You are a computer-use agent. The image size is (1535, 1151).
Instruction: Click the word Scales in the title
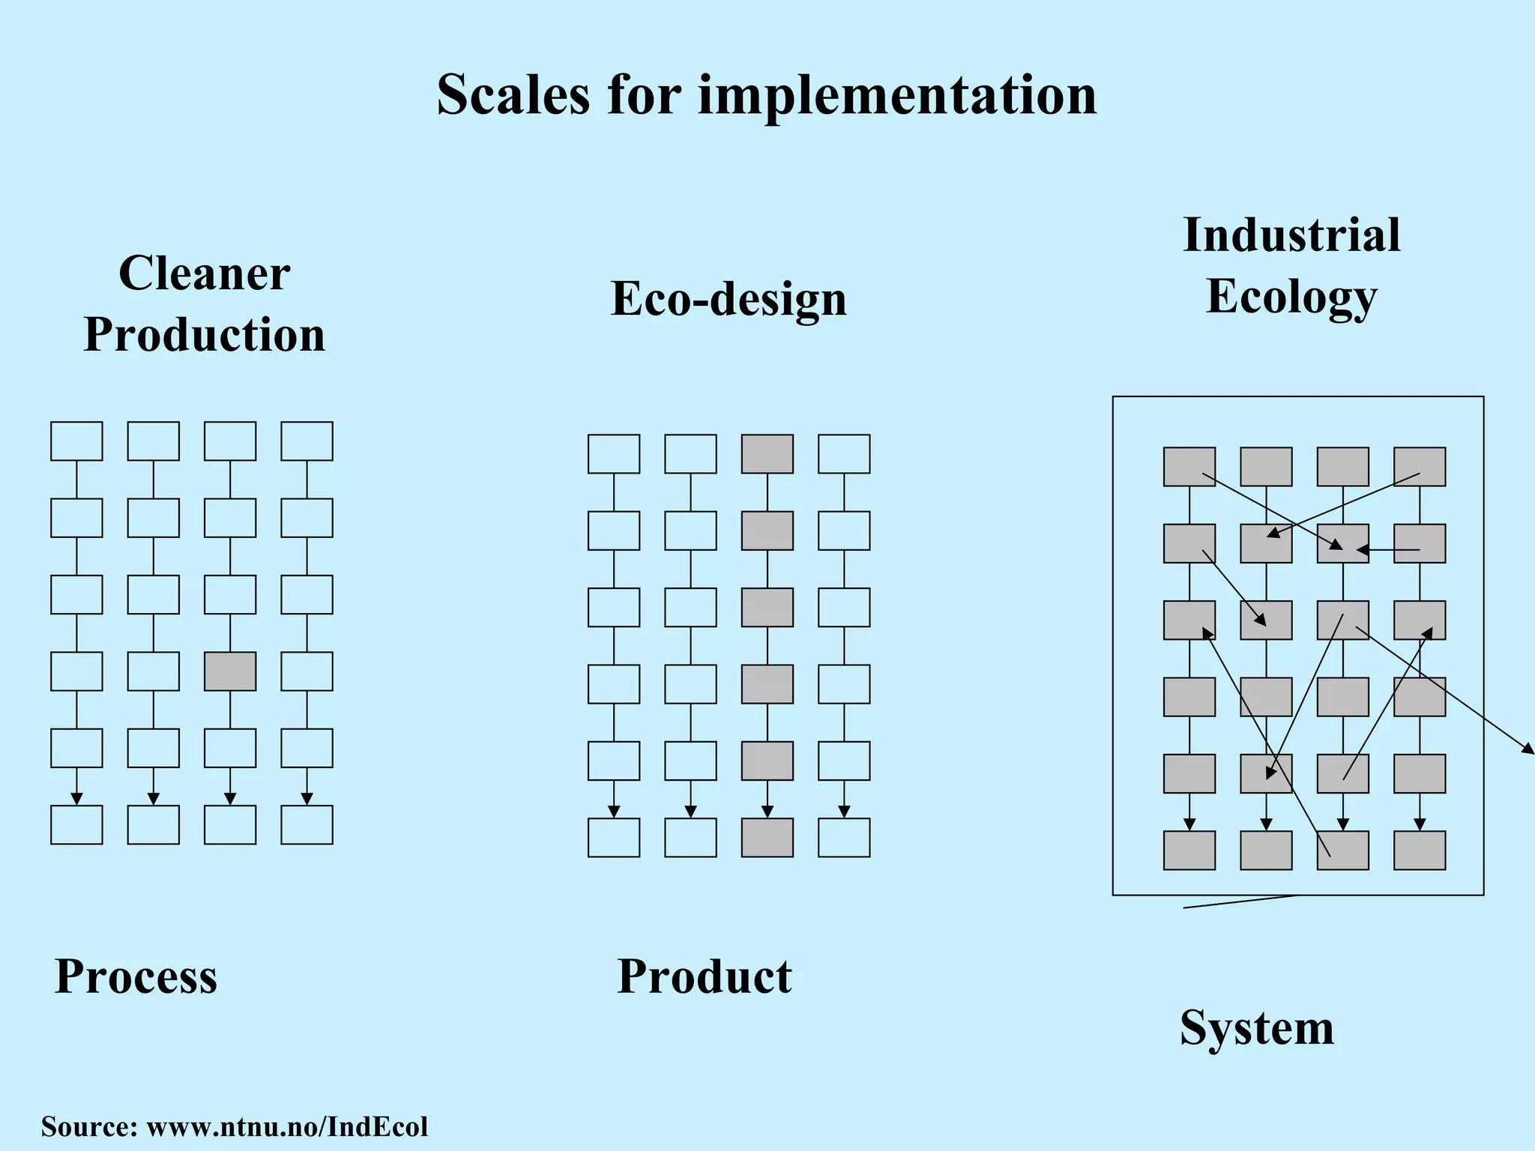coord(513,95)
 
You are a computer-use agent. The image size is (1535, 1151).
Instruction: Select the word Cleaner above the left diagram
coord(204,273)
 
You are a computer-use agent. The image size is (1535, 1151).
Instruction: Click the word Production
coord(204,334)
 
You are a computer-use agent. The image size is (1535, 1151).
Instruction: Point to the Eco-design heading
coord(729,298)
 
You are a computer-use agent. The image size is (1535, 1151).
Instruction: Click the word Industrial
coord(1291,235)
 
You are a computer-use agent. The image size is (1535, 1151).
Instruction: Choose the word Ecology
coord(1291,297)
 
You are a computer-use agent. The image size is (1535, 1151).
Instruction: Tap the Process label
coord(136,976)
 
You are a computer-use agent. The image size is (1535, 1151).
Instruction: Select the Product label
coord(704,976)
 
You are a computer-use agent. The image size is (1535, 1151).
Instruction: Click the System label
coord(1257,1027)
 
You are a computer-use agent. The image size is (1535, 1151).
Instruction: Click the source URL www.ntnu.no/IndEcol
coord(287,1126)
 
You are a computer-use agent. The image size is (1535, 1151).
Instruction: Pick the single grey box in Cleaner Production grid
coord(230,671)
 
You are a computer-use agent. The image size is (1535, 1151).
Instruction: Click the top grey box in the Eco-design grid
coord(767,454)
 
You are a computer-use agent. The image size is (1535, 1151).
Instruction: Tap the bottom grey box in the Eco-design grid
coord(767,838)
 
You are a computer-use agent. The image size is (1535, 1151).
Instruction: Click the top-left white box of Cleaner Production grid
coord(76,441)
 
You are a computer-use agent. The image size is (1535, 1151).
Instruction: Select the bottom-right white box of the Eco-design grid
coord(844,838)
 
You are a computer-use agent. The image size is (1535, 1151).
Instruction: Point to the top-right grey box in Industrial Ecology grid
coord(1420,467)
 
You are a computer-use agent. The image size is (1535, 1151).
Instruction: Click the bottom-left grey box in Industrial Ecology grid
coord(1189,851)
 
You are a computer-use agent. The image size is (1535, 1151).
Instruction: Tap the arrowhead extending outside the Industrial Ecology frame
coord(1528,749)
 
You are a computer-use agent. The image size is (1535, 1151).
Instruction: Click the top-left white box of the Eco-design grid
coord(614,454)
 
